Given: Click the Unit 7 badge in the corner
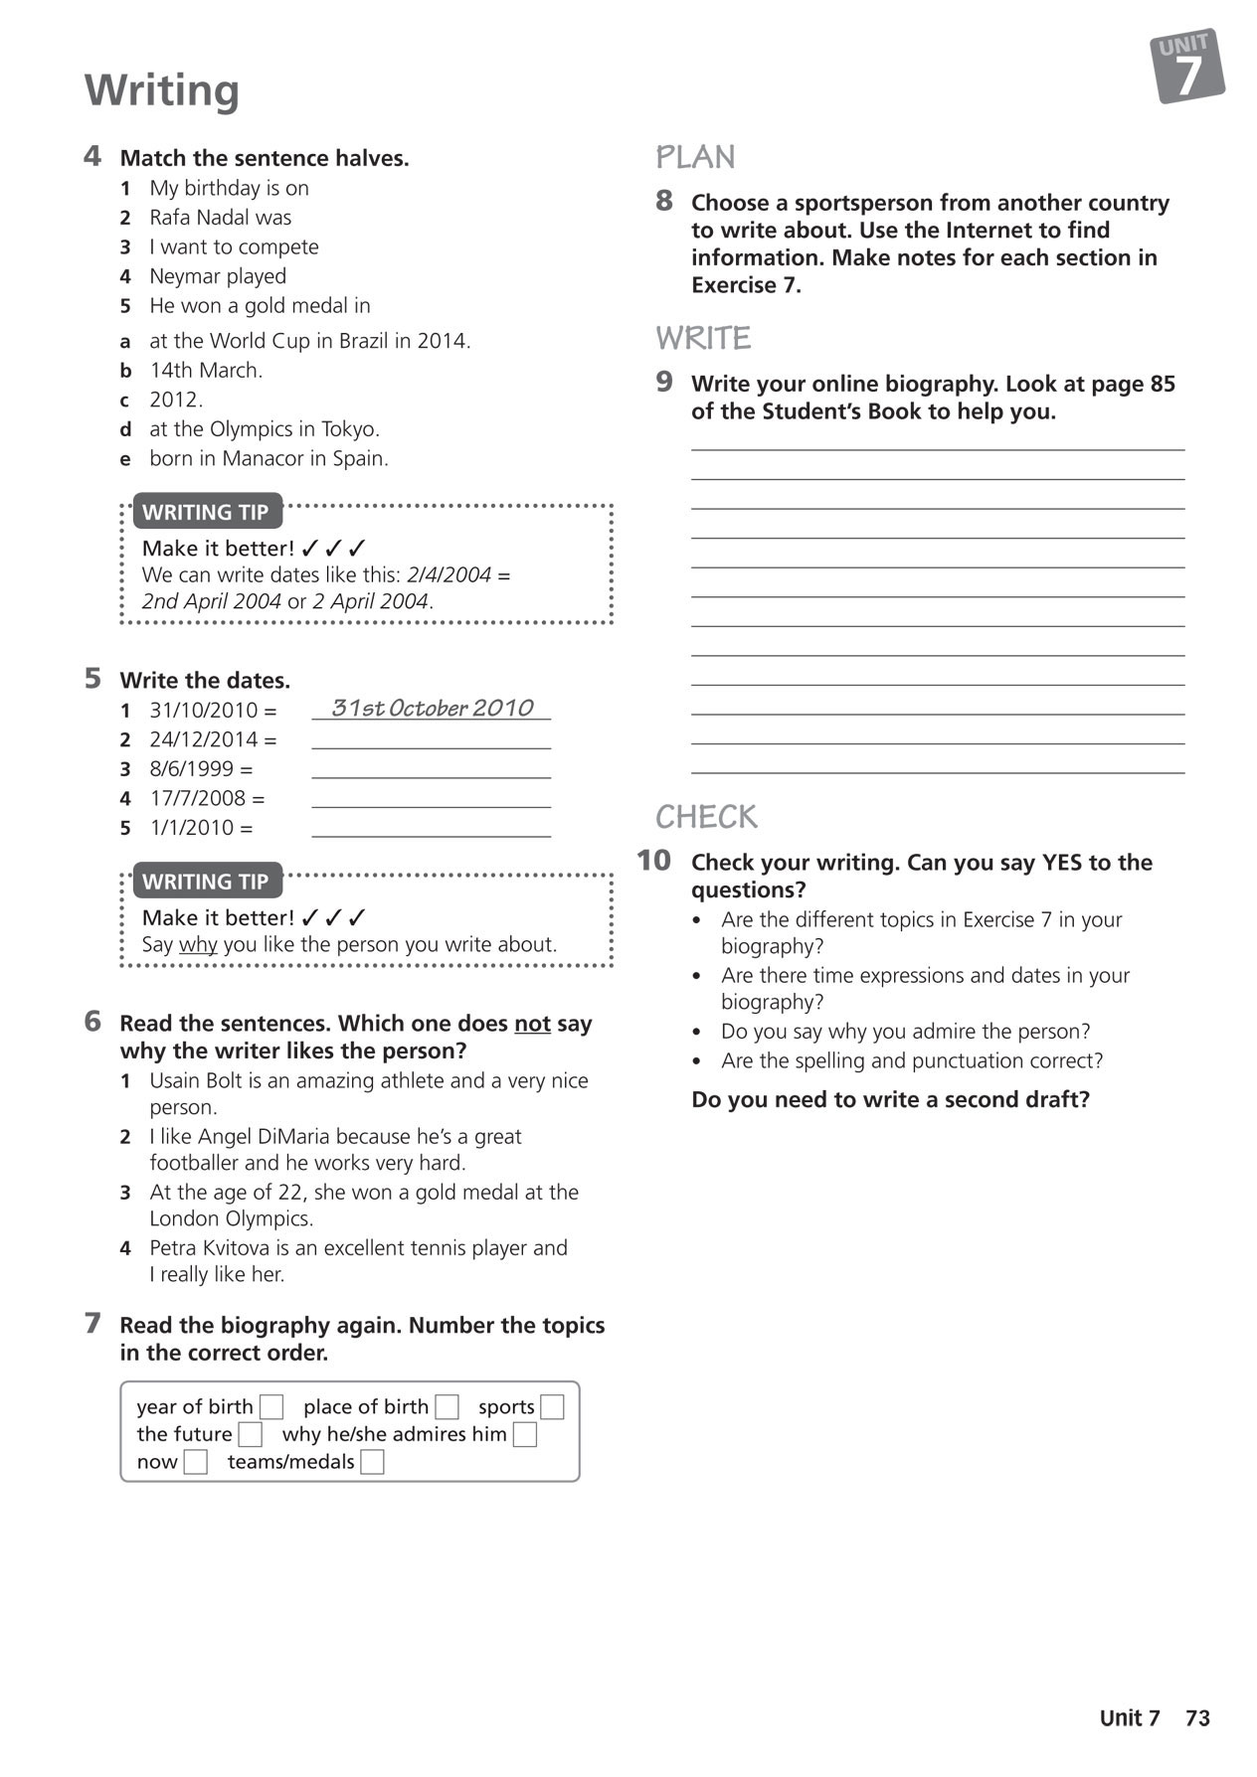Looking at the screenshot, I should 1187,66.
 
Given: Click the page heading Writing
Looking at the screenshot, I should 162,89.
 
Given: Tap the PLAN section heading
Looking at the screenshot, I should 695,157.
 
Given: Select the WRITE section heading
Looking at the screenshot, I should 703,338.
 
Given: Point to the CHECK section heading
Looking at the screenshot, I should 706,817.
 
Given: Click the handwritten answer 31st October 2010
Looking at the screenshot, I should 432,708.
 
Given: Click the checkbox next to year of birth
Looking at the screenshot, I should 271,1407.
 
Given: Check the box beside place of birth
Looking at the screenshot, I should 447,1407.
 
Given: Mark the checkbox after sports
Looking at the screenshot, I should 552,1407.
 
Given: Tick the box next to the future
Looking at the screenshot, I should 251,1434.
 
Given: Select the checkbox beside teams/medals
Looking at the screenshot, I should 372,1462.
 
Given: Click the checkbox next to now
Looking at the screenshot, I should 196,1462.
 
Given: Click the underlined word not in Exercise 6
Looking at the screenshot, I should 532,1024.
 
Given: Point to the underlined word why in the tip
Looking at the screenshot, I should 198,944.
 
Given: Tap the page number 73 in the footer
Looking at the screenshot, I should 1197,1718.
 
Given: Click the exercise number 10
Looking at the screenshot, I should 653,861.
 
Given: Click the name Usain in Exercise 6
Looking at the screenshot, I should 178,1080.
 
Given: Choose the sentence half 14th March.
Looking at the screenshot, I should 206,371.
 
